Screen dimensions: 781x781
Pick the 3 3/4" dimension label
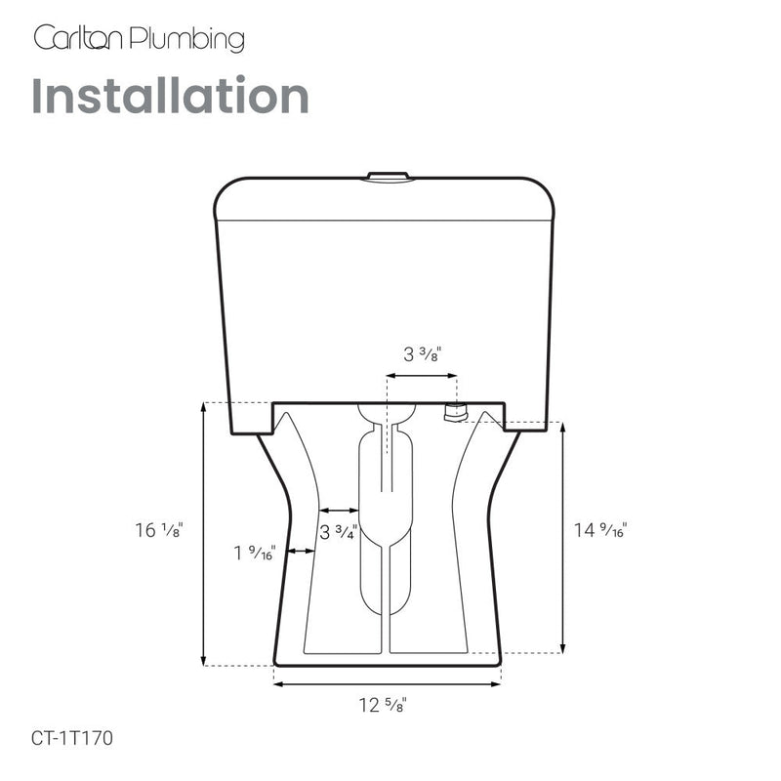point(339,533)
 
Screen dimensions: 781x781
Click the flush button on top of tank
point(388,177)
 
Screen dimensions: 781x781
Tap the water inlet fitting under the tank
point(454,413)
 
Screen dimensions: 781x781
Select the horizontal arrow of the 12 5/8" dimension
point(388,684)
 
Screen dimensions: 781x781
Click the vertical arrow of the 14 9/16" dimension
point(564,537)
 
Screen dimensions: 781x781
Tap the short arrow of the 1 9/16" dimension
point(300,552)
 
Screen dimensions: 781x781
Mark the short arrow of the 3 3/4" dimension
point(340,510)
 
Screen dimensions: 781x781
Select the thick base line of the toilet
point(388,661)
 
